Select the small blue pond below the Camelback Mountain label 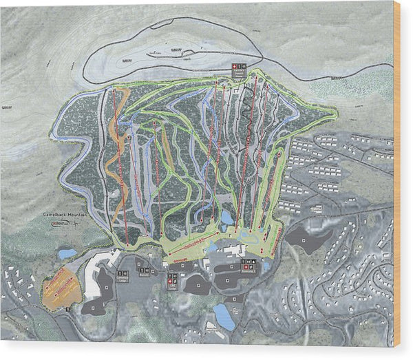67,254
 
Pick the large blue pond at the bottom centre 224,317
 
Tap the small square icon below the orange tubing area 68,310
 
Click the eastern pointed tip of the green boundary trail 335,112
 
